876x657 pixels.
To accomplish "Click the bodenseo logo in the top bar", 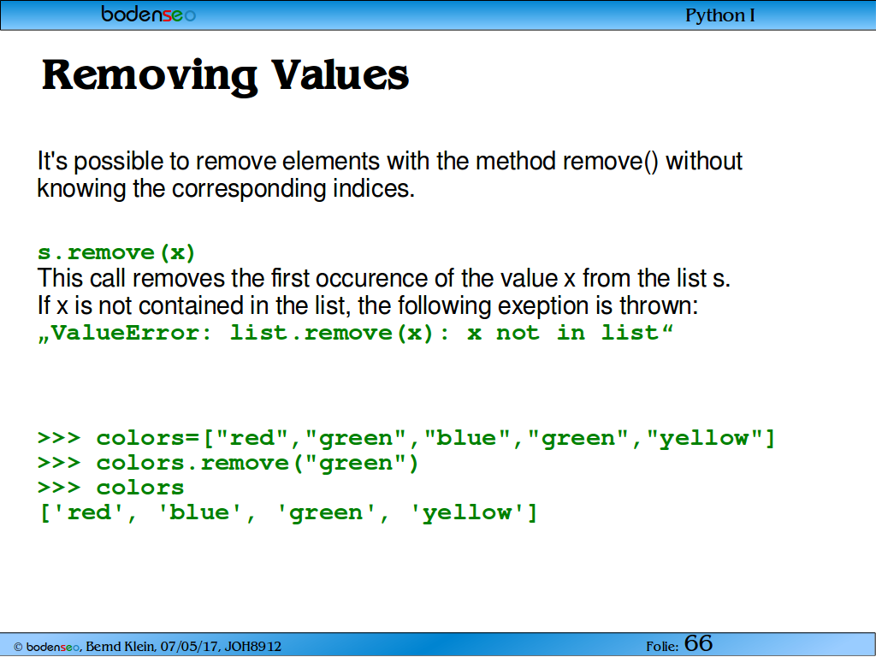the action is [x=149, y=14].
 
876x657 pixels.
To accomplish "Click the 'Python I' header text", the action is [x=719, y=15].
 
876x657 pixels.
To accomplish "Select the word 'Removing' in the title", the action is [x=150, y=75].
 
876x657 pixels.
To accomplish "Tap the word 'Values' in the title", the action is [x=340, y=74].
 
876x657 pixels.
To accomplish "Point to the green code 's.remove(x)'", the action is [x=116, y=252].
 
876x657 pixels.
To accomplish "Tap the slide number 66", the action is [x=698, y=643].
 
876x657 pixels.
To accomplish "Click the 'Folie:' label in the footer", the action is [x=663, y=647].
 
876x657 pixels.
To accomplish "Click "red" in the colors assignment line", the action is [x=252, y=437].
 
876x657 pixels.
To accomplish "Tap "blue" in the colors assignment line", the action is [x=467, y=437].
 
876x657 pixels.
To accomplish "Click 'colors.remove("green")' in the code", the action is [x=257, y=463].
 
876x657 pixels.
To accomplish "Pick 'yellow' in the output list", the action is [x=467, y=513].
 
